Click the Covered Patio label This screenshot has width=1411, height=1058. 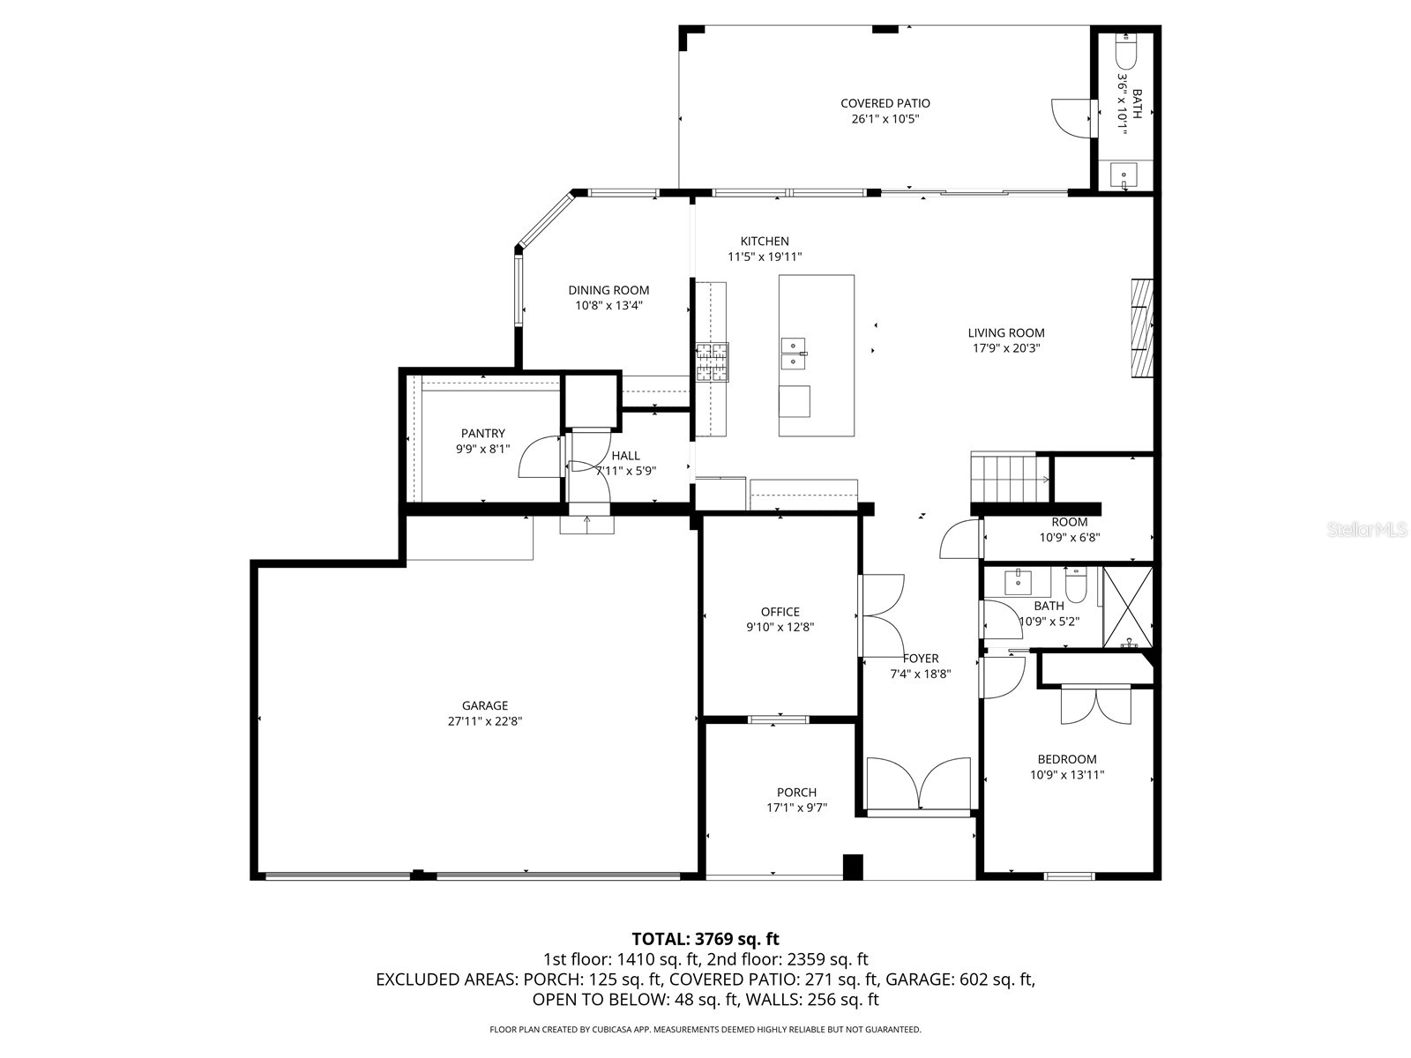click(x=885, y=103)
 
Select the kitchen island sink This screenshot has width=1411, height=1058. click(x=794, y=353)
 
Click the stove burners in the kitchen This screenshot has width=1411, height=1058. click(x=713, y=362)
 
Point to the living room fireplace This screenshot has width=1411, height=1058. click(x=1142, y=328)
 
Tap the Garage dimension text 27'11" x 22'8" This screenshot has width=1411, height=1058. click(x=484, y=721)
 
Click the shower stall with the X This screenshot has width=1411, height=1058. click(x=1128, y=608)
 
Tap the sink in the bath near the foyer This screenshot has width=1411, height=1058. click(x=1019, y=582)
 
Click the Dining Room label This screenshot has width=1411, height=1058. click(x=608, y=290)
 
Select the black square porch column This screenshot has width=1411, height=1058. click(x=853, y=867)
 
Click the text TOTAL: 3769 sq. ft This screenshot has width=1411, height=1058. click(x=705, y=939)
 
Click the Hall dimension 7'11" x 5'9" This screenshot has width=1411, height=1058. click(x=625, y=471)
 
